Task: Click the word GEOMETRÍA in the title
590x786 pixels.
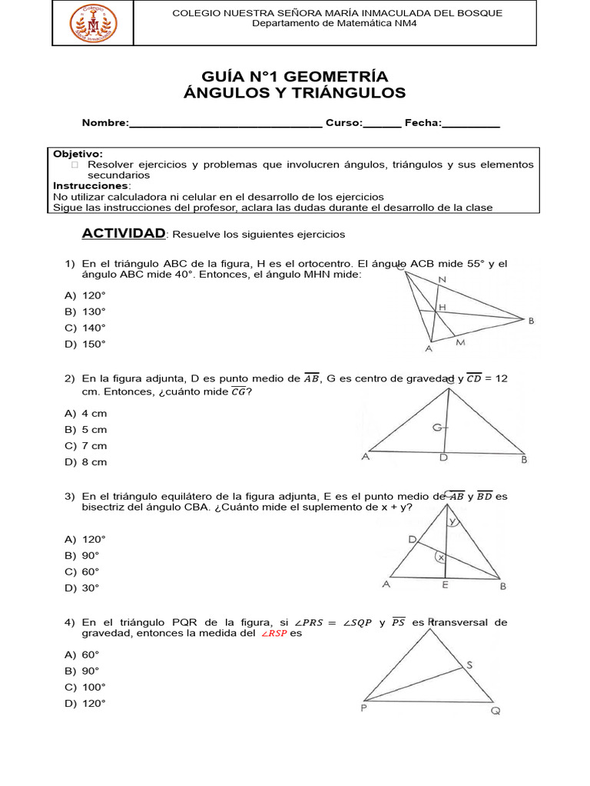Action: [340, 76]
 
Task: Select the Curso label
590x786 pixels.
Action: [343, 123]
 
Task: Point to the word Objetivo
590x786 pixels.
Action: [77, 154]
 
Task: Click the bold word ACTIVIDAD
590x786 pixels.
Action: [124, 233]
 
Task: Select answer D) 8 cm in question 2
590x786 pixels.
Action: [86, 462]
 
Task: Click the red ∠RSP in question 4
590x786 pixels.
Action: [273, 634]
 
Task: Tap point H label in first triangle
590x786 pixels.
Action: [442, 307]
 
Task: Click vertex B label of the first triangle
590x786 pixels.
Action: [531, 321]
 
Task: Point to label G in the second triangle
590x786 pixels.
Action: [436, 427]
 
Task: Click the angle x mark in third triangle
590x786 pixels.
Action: [441, 558]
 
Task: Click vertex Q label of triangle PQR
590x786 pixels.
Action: [496, 711]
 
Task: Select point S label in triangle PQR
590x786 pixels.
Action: [469, 665]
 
